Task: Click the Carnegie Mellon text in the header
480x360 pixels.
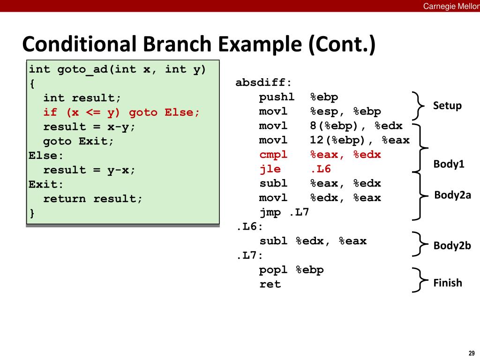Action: [451, 6]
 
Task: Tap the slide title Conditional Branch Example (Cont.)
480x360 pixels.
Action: [199, 45]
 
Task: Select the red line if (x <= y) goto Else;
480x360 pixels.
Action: [121, 112]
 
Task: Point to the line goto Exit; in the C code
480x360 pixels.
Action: [79, 141]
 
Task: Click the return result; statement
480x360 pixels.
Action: [93, 199]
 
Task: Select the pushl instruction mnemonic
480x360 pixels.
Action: [277, 97]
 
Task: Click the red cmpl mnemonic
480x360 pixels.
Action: [274, 155]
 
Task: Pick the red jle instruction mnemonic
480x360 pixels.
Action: [270, 169]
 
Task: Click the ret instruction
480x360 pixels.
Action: [270, 284]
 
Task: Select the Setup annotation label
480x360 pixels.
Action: [447, 105]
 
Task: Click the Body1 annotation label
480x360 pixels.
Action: [449, 164]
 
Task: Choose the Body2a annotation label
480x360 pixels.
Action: [453, 195]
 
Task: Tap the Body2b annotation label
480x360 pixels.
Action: [452, 246]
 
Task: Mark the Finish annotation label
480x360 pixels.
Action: [448, 283]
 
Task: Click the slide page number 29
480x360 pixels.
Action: [471, 353]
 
